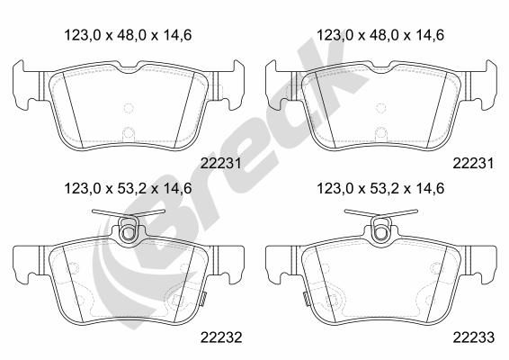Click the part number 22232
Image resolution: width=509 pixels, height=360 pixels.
pyautogui.click(x=221, y=337)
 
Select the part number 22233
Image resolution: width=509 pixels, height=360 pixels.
pyautogui.click(x=474, y=337)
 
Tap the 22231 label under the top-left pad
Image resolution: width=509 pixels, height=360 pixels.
pyautogui.click(x=221, y=164)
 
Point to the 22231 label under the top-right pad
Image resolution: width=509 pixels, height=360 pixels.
pyautogui.click(x=473, y=164)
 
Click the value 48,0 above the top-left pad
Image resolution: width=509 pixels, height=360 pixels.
pyautogui.click(x=128, y=35)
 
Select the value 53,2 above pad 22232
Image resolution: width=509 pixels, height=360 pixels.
pyautogui.click(x=128, y=188)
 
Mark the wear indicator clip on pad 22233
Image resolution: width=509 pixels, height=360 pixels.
pyautogui.click(x=306, y=299)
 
